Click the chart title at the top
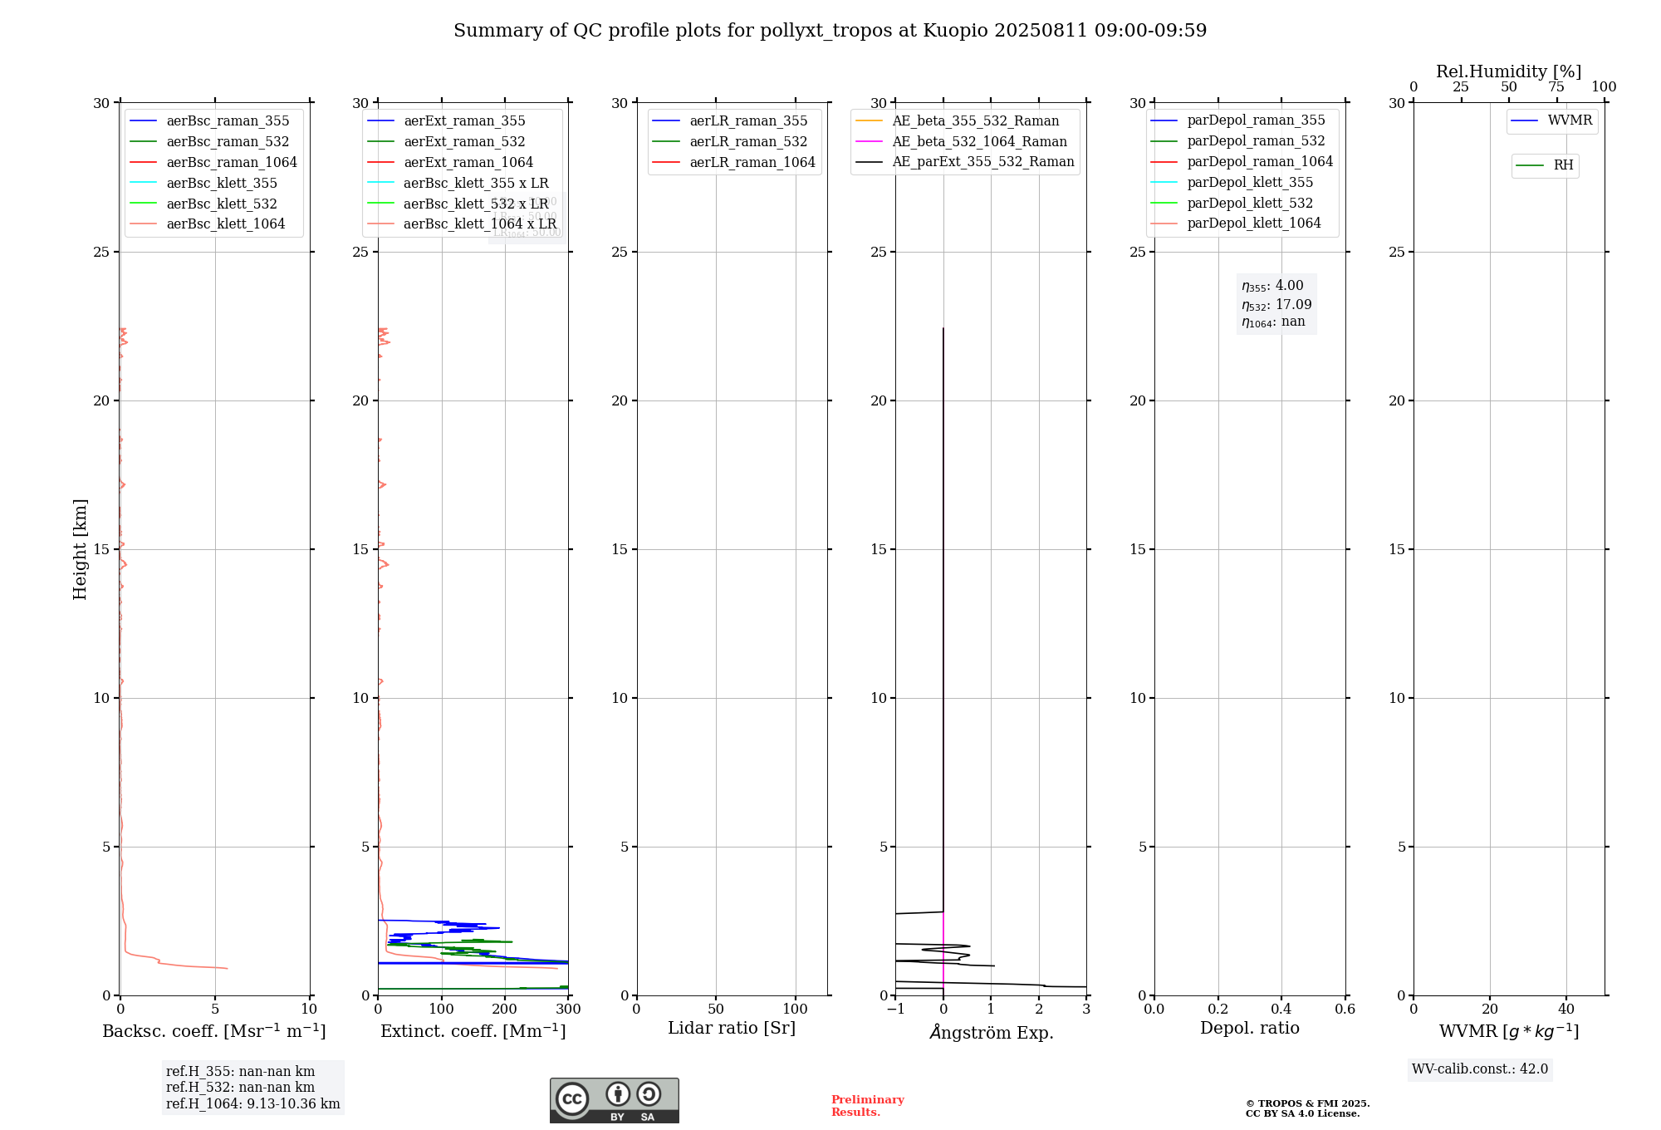pyautogui.click(x=830, y=31)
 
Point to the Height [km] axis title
pyautogui.click(x=80, y=549)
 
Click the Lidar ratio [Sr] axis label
pyautogui.click(x=732, y=1029)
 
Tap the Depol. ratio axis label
pyautogui.click(x=1250, y=1029)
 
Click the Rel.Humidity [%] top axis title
pyautogui.click(x=1508, y=71)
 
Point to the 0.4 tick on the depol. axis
pyautogui.click(x=1281, y=1010)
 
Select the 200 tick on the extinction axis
pyautogui.click(x=505, y=1010)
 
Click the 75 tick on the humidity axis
pyautogui.click(x=1556, y=87)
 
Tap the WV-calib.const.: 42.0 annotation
pyautogui.click(x=1480, y=1069)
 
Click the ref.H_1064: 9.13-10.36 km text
pyautogui.click(x=252, y=1104)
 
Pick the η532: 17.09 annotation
pyautogui.click(x=1276, y=305)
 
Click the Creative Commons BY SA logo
pyautogui.click(x=614, y=1101)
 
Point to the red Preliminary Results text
pyautogui.click(x=867, y=1106)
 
